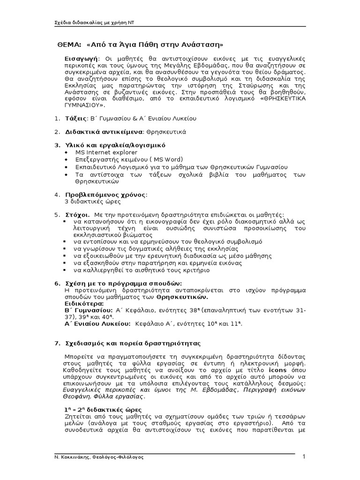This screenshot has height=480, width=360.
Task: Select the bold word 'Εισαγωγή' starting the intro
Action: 81,59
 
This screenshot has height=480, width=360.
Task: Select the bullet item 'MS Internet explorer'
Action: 106,152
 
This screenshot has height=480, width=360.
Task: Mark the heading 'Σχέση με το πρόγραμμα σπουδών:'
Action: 123,284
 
